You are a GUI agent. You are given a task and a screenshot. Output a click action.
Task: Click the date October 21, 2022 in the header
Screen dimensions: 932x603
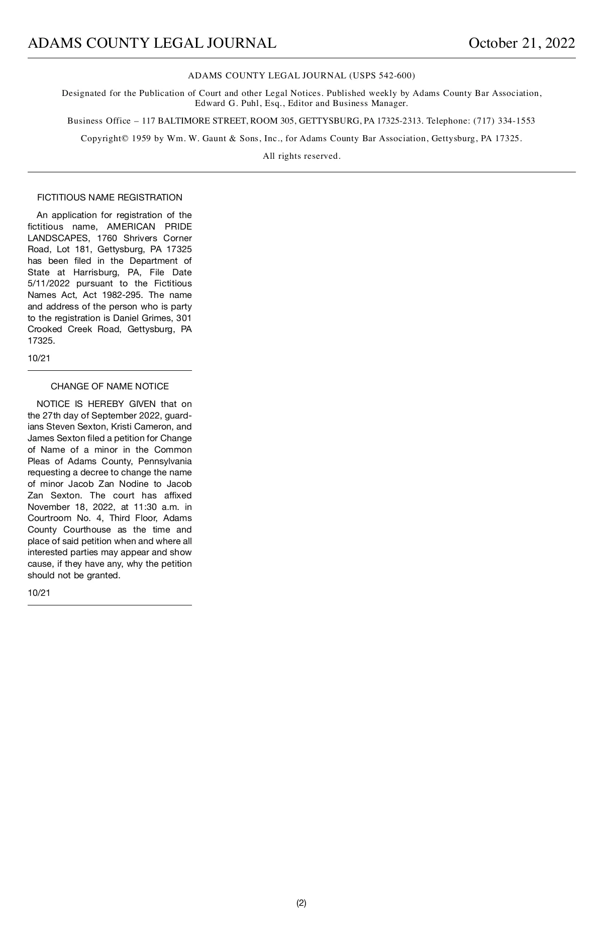tap(521, 43)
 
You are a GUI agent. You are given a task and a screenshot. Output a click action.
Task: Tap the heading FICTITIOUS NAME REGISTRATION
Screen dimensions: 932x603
tap(110, 197)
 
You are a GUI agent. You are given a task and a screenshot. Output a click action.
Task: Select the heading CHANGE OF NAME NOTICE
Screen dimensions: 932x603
tap(110, 386)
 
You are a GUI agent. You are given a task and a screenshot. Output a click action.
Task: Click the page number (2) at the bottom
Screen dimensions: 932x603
tap(301, 903)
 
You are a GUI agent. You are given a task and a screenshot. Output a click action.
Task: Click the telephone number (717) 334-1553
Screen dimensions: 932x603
tap(504, 121)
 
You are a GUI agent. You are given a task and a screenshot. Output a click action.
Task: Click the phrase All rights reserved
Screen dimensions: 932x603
tap(301, 156)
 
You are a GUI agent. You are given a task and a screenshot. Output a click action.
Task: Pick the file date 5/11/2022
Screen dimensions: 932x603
tap(49, 284)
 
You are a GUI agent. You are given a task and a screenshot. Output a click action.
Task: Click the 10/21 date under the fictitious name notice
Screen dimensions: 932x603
tap(39, 359)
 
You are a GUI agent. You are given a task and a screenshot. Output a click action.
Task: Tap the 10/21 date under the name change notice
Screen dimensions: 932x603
tap(39, 593)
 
